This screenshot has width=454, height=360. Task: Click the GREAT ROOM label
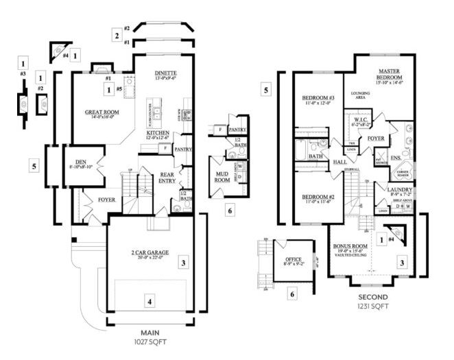(x=103, y=112)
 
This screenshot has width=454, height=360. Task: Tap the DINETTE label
(x=165, y=73)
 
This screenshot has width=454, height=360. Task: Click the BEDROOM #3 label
(x=318, y=99)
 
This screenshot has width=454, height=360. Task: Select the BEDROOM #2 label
(x=318, y=197)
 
